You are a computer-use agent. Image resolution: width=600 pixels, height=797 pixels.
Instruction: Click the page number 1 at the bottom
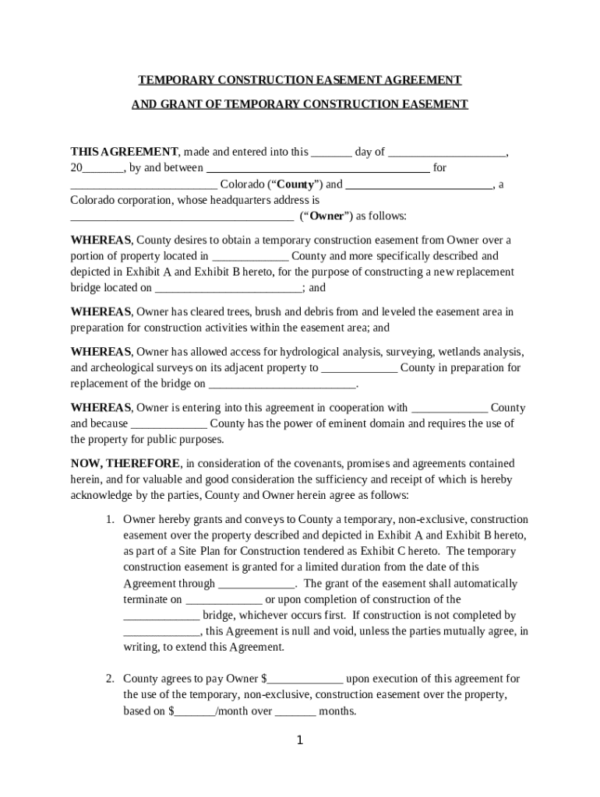click(x=299, y=740)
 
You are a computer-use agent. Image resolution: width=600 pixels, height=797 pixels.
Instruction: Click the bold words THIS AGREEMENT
click(x=125, y=152)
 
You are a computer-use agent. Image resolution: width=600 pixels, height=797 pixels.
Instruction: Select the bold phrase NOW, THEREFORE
click(x=125, y=464)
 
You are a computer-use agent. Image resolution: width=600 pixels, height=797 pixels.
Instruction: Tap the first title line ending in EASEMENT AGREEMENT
click(x=300, y=80)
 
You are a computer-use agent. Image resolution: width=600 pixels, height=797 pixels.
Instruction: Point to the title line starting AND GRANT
click(x=300, y=104)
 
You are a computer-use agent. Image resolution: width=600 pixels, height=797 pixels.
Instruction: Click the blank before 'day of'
click(x=331, y=153)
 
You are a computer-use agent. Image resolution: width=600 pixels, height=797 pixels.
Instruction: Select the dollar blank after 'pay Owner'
click(x=305, y=679)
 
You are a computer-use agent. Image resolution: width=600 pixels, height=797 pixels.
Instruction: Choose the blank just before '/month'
click(x=194, y=711)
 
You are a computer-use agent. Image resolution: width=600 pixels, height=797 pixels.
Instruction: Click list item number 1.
click(x=111, y=519)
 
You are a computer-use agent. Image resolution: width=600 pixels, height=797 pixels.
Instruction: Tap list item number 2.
click(x=111, y=679)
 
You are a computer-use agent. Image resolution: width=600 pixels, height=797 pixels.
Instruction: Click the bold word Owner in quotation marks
click(x=326, y=216)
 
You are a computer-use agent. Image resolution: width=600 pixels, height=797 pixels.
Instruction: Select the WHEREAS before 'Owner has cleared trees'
click(x=101, y=312)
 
